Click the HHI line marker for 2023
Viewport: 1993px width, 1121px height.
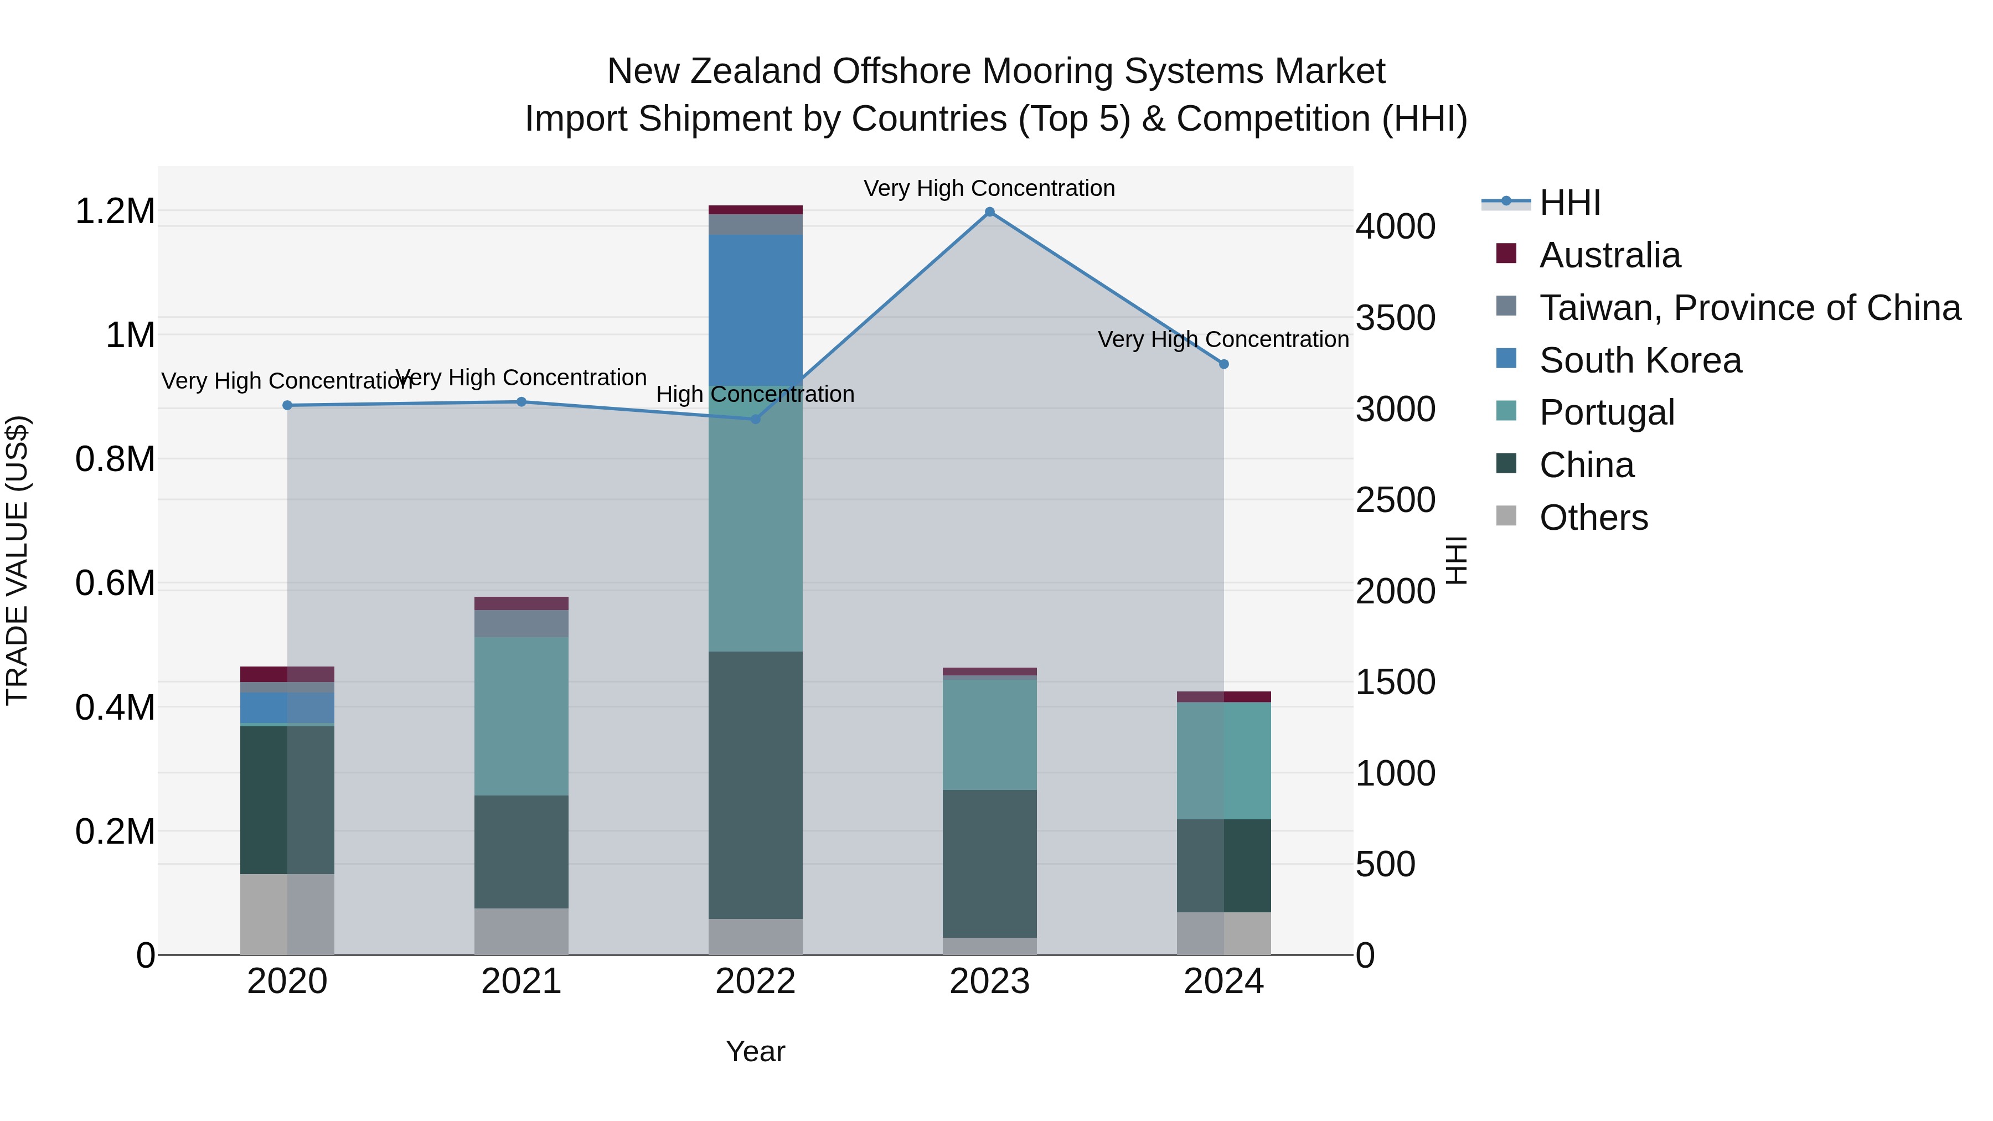pos(989,212)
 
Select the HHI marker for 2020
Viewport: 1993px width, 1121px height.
pos(287,405)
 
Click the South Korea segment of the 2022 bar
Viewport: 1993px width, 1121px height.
pos(755,309)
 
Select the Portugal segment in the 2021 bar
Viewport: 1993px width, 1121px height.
pos(522,716)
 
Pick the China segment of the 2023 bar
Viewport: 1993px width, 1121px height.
pos(989,862)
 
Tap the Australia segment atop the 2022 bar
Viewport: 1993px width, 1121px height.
pos(755,210)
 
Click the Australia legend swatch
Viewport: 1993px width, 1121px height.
pos(1506,254)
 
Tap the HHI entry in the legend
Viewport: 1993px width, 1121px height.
pos(1570,203)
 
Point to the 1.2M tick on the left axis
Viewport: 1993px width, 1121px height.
pos(115,211)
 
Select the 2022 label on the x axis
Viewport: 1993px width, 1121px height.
pos(755,981)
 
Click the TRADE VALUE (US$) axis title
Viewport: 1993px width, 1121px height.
pos(17,560)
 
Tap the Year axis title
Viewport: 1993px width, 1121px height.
pos(755,1051)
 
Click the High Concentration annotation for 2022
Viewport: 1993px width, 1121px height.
pos(755,395)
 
